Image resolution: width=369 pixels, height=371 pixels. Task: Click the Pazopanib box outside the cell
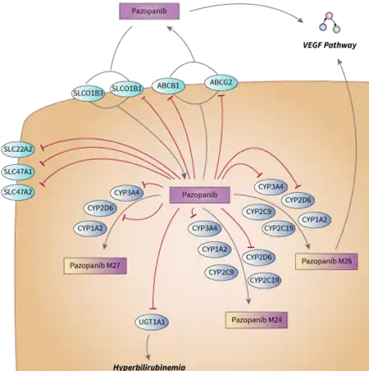pos(149,11)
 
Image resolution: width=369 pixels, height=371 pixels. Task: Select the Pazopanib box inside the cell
pos(199,195)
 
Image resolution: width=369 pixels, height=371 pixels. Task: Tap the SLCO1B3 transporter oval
pos(89,94)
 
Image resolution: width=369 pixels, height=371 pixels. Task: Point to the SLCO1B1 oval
pos(127,89)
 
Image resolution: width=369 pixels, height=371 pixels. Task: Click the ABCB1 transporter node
pos(168,86)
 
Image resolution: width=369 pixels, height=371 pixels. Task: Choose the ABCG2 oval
pos(221,82)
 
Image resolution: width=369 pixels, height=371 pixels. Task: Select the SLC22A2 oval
pos(18,149)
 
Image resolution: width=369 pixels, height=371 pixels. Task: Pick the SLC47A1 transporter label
pos(18,172)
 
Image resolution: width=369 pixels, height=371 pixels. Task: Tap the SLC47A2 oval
pos(18,192)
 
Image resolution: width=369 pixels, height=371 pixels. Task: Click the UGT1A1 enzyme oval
pos(152,322)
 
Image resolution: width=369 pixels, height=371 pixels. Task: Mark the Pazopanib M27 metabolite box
pos(95,266)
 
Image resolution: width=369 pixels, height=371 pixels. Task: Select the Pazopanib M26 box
pos(326,261)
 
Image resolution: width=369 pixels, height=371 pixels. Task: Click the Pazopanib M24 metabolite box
pos(257,320)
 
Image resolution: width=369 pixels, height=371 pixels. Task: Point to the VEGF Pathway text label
pos(330,45)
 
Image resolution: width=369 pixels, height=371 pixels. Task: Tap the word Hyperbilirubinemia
pos(149,367)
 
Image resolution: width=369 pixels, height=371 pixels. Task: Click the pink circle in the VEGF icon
pos(330,16)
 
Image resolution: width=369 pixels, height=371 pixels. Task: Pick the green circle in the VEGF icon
pos(336,29)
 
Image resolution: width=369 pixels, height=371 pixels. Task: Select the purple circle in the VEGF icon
pos(323,27)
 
